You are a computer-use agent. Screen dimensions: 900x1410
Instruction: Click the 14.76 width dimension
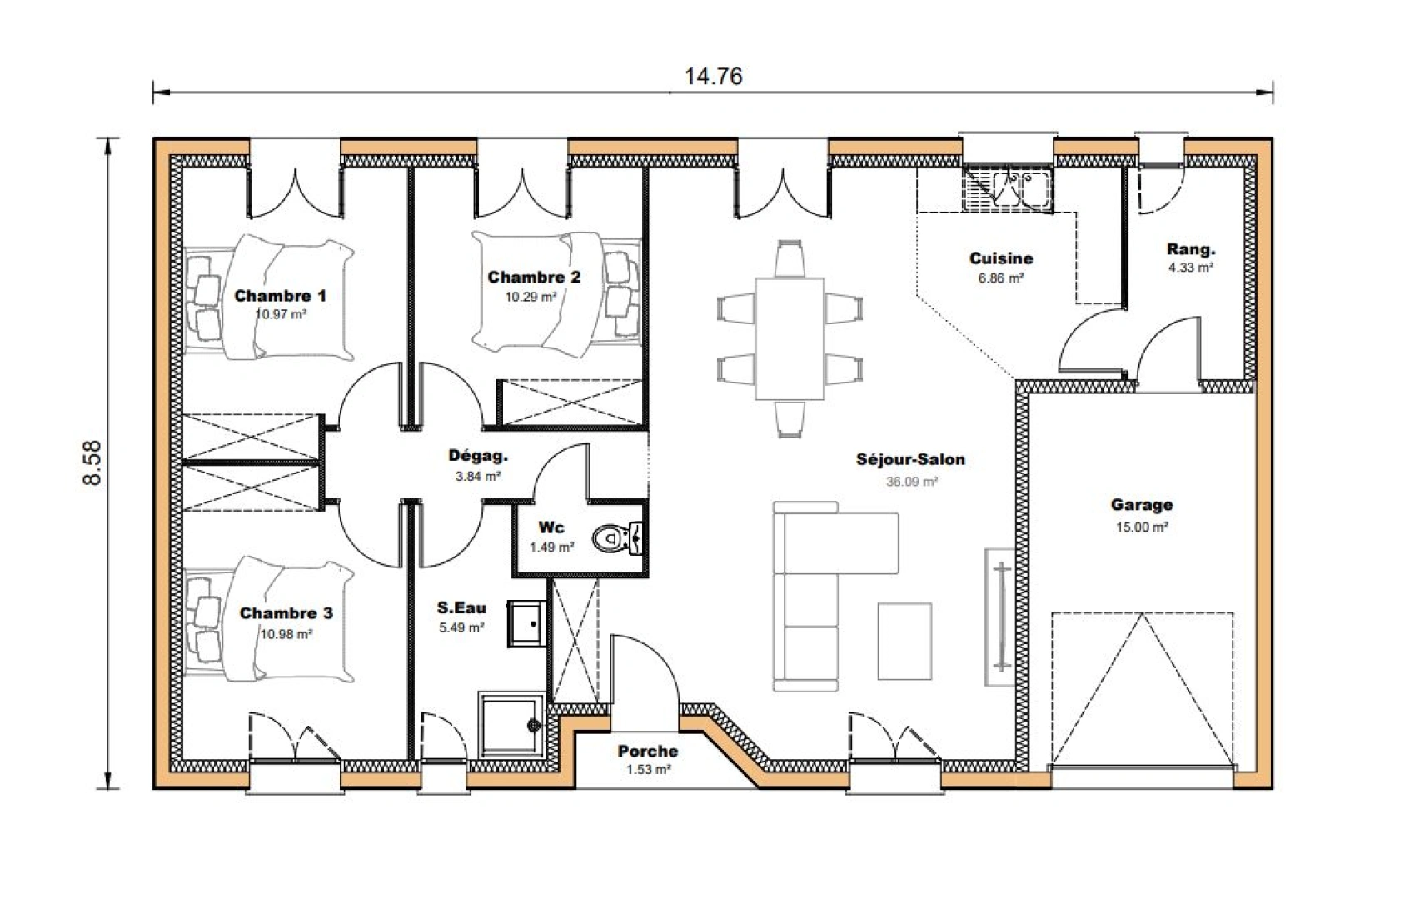pos(713,77)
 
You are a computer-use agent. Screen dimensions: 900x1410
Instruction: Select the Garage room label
pos(1141,505)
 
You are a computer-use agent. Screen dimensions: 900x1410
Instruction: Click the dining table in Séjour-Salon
pos(789,337)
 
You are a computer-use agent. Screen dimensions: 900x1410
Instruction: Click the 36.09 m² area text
pos(912,482)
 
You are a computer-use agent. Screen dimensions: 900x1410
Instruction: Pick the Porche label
pos(647,751)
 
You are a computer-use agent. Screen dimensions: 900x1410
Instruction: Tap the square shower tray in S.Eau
pos(510,722)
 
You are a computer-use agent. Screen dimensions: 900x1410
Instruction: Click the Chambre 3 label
pos(286,613)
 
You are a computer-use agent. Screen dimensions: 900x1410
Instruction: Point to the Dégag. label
pos(478,456)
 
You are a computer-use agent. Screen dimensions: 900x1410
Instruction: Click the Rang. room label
pos(1190,249)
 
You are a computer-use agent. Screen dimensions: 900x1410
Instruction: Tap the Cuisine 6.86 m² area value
pos(1000,278)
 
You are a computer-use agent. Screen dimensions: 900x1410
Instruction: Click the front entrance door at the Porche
pos(646,672)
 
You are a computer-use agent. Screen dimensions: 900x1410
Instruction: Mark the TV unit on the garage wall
pos(999,617)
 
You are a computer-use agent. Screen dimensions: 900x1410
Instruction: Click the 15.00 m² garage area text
pos(1141,527)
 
